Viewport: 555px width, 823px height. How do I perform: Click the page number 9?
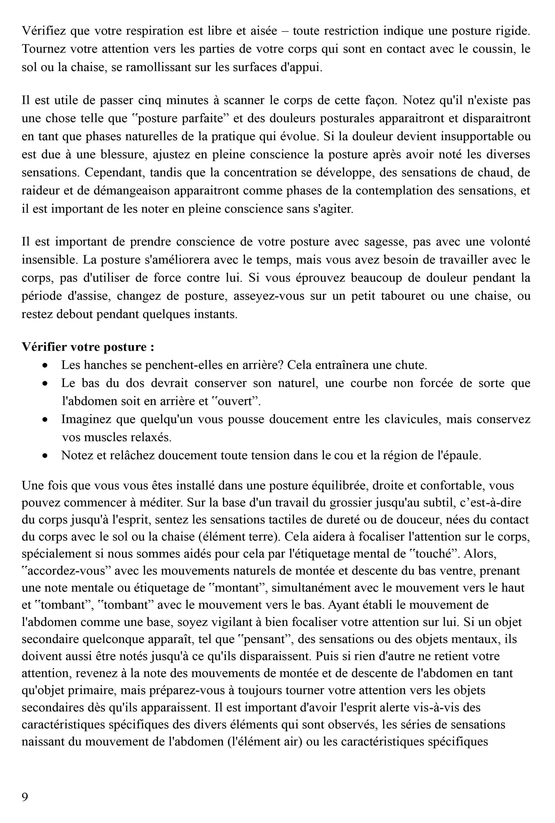25,797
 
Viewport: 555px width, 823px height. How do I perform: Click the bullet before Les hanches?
45,365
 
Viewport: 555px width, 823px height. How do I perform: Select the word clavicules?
413,419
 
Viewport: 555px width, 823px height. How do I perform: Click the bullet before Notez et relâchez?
45,456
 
